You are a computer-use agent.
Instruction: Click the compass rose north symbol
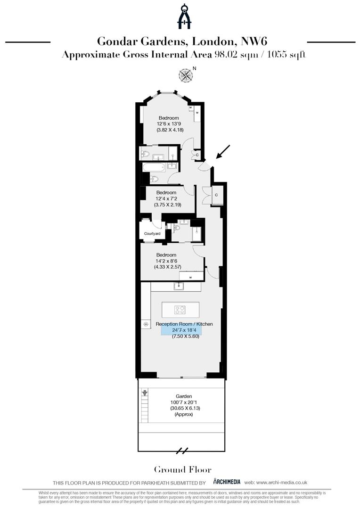tap(186, 74)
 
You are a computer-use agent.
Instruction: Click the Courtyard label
tap(152, 234)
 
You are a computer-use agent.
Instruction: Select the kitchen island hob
tap(180, 310)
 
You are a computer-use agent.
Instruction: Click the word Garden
tap(183, 396)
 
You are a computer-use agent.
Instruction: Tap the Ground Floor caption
tap(183, 469)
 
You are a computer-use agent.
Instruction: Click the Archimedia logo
tap(227, 482)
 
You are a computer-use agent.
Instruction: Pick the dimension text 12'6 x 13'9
tap(168, 124)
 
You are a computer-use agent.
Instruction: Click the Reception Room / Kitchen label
tap(184, 324)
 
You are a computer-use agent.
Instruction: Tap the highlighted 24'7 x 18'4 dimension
tap(184, 330)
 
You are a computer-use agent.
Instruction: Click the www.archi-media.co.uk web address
tap(282, 482)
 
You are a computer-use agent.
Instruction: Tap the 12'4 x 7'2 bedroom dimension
tap(166, 199)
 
